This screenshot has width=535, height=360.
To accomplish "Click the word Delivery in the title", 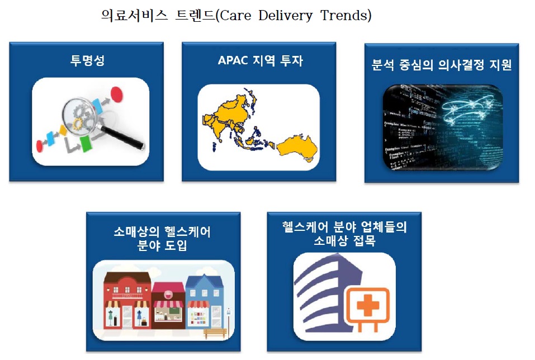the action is coord(285,16).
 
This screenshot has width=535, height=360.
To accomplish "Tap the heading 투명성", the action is coord(87,60).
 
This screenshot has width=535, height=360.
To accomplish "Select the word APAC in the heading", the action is coord(233,60).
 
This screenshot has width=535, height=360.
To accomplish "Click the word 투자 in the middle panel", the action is coord(291,60).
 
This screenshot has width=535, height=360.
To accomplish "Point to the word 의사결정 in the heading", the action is coord(461,64).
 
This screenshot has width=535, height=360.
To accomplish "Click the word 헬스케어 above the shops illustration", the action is coord(187,232).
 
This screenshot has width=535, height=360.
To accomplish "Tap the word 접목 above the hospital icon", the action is coord(364,240).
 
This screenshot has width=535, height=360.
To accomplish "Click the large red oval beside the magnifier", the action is coord(116,94).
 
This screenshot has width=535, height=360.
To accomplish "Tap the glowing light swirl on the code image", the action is coord(467,107).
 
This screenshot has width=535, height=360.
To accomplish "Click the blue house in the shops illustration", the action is coord(205,301).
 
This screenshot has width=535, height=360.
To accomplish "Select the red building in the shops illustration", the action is coord(127,301).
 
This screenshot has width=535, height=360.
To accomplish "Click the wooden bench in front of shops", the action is coord(215,333).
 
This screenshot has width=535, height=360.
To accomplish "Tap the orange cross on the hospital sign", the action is coord(368,305).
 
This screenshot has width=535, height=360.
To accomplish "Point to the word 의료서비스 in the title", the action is coord(134,15).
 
